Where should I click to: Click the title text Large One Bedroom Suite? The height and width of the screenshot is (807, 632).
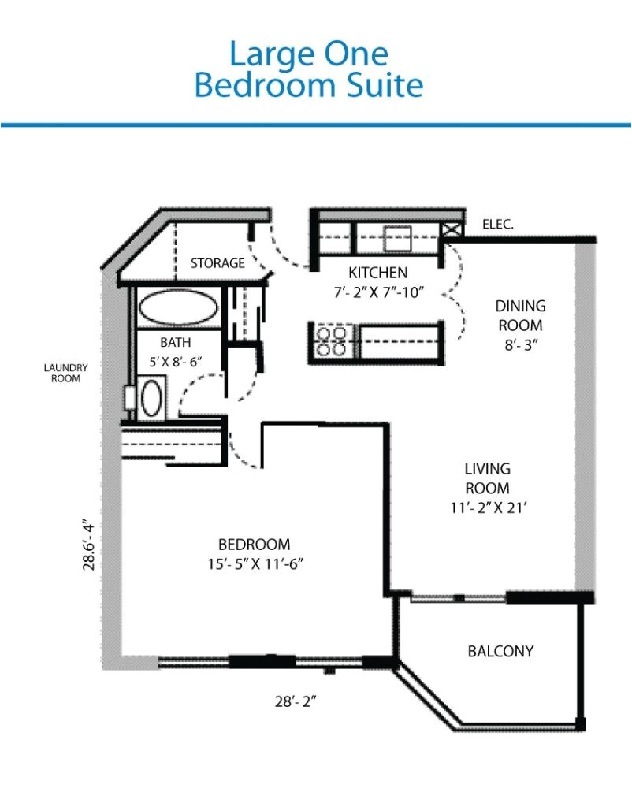coord(308,69)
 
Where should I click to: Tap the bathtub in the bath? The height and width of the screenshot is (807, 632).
coord(177,308)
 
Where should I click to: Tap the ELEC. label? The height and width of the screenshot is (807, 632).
coord(498,225)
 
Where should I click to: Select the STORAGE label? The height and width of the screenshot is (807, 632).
coord(217,263)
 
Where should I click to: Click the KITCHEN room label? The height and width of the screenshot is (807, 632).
coord(378,273)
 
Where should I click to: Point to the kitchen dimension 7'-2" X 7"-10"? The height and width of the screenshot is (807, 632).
coord(378,292)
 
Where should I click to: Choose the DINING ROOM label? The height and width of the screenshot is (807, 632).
coord(520,314)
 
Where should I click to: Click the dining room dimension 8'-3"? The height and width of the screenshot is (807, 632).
coord(520,344)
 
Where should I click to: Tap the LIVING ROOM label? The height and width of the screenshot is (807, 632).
coord(487,478)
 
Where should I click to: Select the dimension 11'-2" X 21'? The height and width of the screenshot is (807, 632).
coord(483,508)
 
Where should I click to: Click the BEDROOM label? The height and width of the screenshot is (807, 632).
coord(254,545)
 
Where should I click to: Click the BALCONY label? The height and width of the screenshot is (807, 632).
coord(500,652)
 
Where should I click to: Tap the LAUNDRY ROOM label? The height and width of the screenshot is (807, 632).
coord(66,373)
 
